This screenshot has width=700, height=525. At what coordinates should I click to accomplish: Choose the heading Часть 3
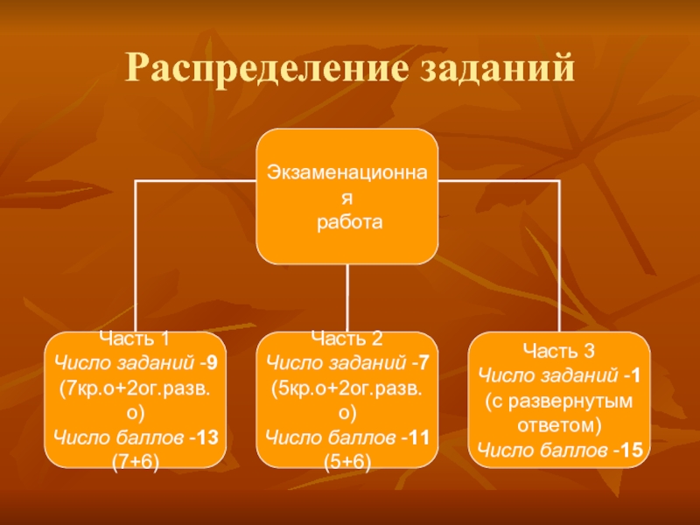click(x=559, y=351)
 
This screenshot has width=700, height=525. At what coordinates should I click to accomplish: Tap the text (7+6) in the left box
click(x=136, y=460)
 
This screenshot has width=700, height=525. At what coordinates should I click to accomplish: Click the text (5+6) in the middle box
click(x=347, y=460)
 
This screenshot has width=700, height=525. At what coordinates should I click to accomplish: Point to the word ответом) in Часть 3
click(x=559, y=426)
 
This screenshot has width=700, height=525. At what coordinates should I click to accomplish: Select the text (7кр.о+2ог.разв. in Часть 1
click(x=136, y=385)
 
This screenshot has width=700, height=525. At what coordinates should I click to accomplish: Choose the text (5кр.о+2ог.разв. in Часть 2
click(x=347, y=385)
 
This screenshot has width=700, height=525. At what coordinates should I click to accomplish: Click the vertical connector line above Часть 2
click(x=347, y=297)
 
